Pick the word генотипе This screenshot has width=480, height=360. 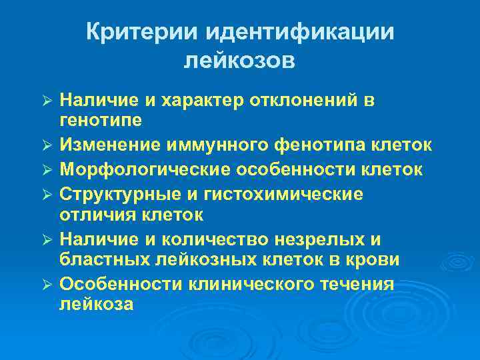click(x=100, y=121)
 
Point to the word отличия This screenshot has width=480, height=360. click(x=97, y=215)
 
